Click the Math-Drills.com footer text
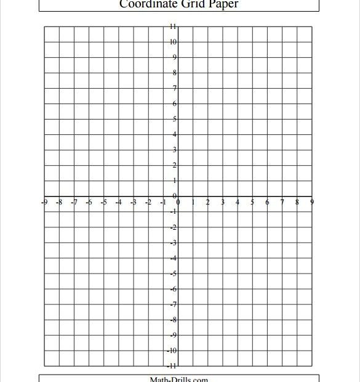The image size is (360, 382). (179, 378)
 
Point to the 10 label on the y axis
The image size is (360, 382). (174, 42)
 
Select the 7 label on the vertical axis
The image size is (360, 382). (175, 88)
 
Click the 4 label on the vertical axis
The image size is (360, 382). (175, 134)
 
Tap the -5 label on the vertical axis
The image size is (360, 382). (174, 274)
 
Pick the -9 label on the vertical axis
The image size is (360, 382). (174, 335)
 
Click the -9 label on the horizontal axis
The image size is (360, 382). (44, 202)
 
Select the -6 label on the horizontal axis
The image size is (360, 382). (89, 202)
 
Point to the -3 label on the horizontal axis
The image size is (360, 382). (134, 202)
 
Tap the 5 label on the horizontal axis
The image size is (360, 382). (252, 202)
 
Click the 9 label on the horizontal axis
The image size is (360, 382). (312, 202)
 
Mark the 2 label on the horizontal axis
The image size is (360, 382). (208, 202)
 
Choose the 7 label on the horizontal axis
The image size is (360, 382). (282, 202)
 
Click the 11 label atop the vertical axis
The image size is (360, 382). (174, 26)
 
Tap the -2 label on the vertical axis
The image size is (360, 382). (174, 227)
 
